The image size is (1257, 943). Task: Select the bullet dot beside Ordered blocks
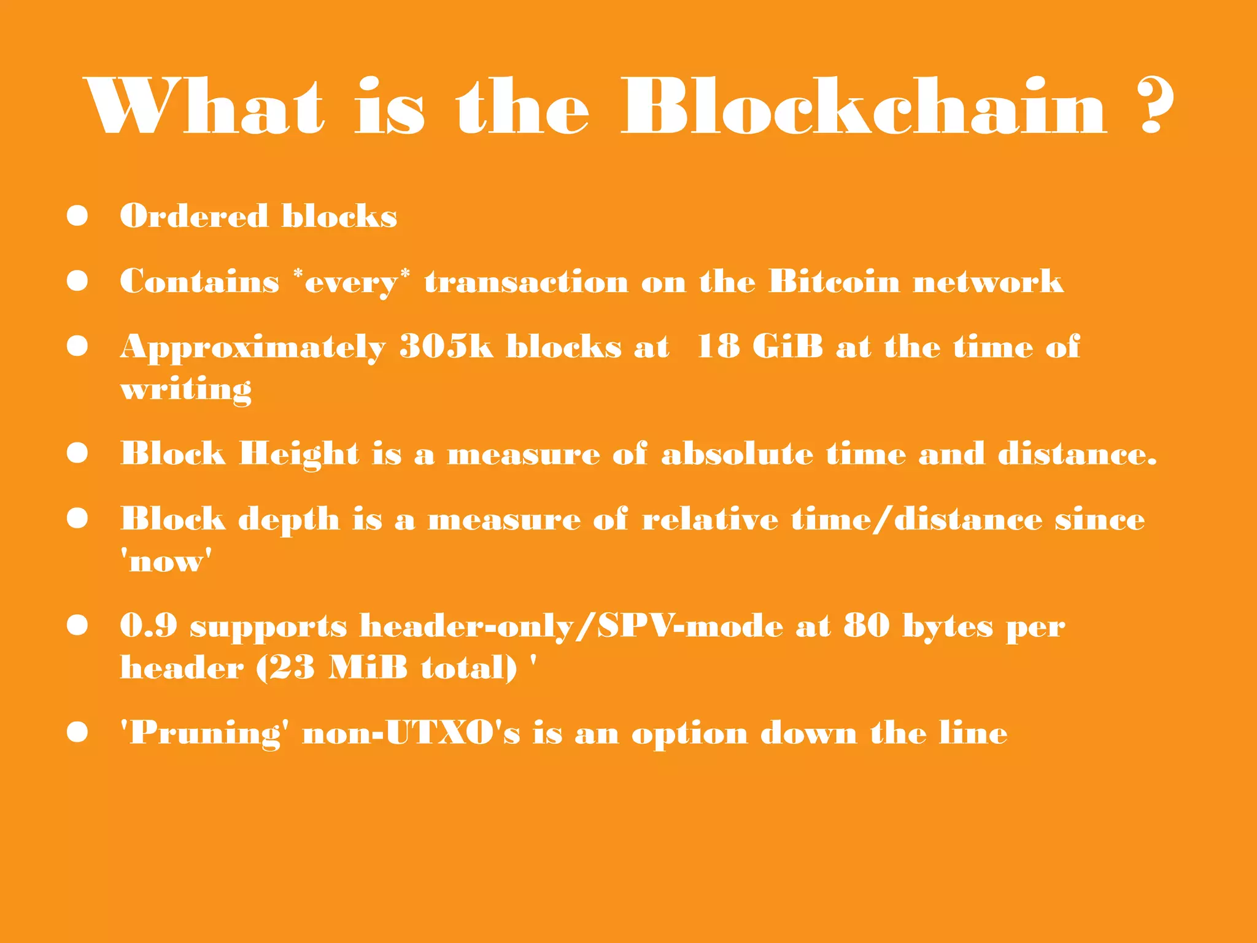point(77,215)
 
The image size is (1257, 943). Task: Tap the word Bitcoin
point(834,282)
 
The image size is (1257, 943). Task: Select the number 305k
point(446,347)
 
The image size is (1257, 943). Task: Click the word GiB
point(787,347)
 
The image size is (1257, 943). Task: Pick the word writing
point(186,390)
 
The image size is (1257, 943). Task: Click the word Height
point(299,455)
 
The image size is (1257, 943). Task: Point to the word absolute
point(737,455)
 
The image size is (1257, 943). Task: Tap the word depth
point(288,520)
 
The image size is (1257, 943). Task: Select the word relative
point(710,520)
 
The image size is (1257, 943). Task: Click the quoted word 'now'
point(166,561)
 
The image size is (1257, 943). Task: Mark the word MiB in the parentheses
point(368,668)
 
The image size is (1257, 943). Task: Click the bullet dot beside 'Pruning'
point(77,732)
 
